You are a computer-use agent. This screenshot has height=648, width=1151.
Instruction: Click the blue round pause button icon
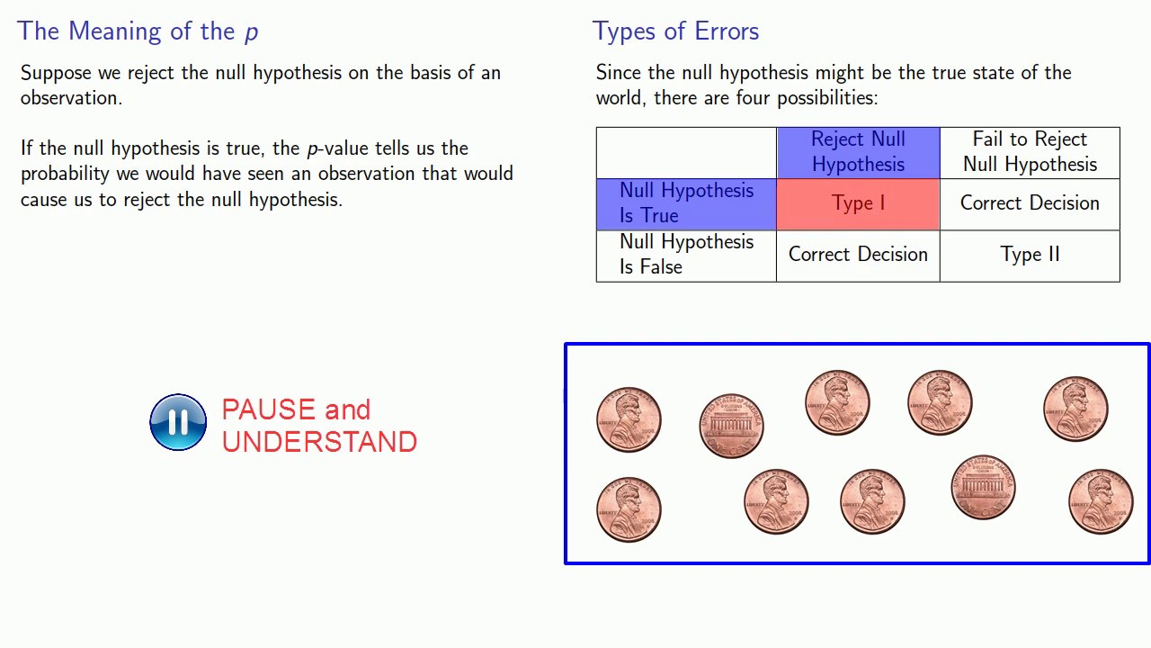[178, 421]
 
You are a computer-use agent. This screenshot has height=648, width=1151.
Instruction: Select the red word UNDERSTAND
[319, 442]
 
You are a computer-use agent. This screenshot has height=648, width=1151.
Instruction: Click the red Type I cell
[858, 203]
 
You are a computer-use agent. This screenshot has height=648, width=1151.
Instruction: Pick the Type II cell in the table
[1030, 255]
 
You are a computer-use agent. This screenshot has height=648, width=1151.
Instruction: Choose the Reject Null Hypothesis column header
[858, 151]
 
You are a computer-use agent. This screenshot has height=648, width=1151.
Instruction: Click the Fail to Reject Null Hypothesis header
[1030, 151]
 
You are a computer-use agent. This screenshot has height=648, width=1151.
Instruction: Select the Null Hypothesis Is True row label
[686, 203]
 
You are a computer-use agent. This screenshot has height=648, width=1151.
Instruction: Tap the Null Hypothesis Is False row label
[686, 255]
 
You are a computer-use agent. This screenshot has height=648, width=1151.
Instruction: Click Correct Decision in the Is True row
[1030, 203]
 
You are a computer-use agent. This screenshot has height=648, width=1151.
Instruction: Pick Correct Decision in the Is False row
[858, 255]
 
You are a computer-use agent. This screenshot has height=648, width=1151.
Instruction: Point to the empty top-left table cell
[686, 152]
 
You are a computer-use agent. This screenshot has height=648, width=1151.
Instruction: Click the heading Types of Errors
[675, 31]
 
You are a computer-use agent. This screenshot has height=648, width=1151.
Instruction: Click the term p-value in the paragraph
[338, 148]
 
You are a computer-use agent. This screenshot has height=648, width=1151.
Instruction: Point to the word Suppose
[55, 74]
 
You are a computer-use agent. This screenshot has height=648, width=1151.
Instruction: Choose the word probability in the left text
[66, 174]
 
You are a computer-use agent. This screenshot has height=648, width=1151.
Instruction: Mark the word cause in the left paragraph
[44, 200]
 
